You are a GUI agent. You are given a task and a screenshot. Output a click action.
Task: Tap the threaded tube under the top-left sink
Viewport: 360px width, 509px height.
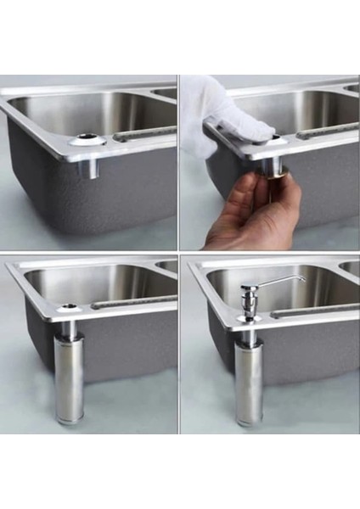(x=87, y=166)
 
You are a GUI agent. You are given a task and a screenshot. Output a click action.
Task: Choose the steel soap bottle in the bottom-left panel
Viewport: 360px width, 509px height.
(x=69, y=378)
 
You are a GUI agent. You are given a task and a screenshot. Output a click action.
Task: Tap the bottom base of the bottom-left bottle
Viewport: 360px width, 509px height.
(x=69, y=418)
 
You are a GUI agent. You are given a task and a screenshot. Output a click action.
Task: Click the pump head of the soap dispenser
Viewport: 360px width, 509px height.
(x=249, y=294)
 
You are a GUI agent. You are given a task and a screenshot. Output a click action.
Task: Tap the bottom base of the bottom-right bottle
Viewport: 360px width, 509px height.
(x=250, y=421)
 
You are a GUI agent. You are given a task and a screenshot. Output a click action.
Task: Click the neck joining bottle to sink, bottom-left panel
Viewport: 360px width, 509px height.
(x=69, y=327)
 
